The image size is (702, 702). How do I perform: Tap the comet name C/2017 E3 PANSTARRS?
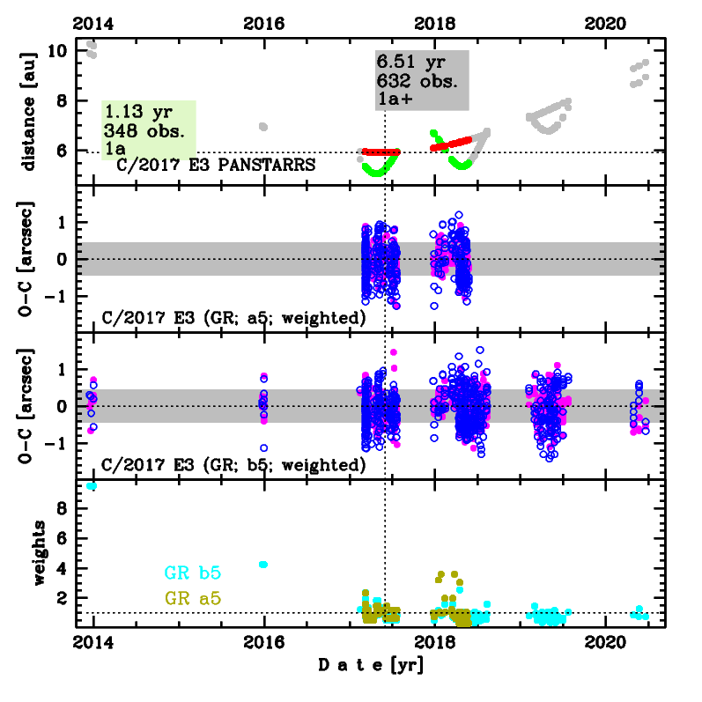coord(216,164)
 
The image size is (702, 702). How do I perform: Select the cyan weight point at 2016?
coord(263,564)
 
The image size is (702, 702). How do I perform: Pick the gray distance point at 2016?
coord(263,127)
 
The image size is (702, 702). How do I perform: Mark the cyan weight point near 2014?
coord(92,486)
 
